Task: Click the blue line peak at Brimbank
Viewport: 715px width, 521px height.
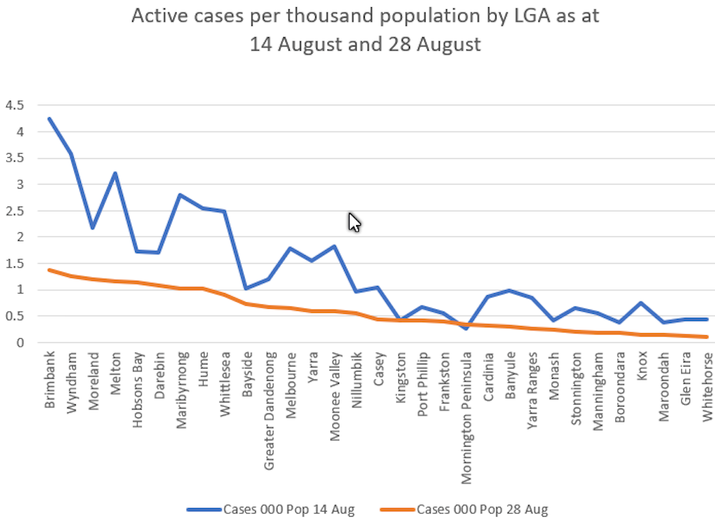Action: [x=49, y=119]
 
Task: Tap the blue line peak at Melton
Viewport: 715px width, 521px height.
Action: [x=115, y=173]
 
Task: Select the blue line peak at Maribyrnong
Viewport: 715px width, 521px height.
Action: [x=181, y=194]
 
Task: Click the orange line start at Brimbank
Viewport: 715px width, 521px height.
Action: [x=49, y=269]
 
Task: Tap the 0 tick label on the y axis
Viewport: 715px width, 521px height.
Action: [x=21, y=342]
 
